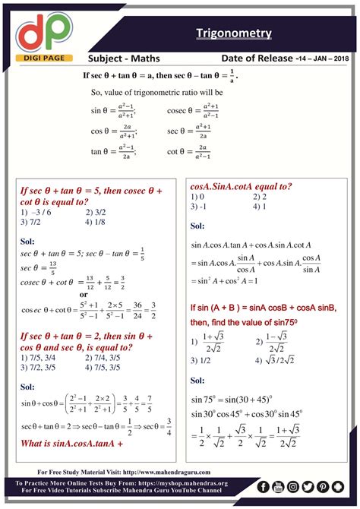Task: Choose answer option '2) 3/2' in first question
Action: [97, 213]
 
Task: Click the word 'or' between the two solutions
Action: [84, 294]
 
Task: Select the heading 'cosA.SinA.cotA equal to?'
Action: [242, 186]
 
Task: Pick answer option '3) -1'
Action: [199, 205]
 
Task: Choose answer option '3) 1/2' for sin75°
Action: [201, 360]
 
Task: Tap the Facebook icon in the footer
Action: [264, 487]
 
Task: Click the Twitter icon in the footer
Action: [307, 487]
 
